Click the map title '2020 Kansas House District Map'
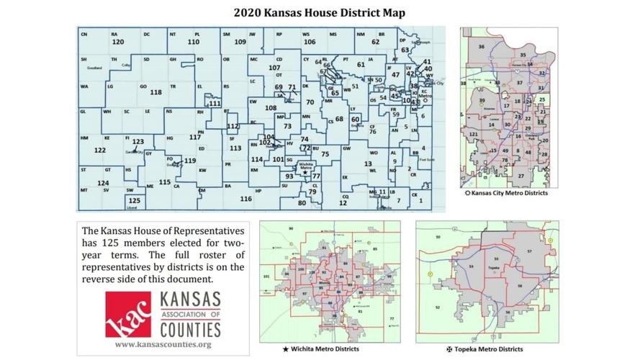click(x=319, y=13)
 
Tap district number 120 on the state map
click(x=118, y=42)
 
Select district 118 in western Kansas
click(x=156, y=92)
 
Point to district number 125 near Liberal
click(x=135, y=201)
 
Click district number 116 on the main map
click(x=246, y=199)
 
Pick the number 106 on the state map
click(x=310, y=42)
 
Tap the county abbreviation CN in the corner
click(x=84, y=35)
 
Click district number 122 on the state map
click(x=99, y=150)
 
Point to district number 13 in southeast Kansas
click(x=368, y=163)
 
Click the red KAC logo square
click(x=128, y=315)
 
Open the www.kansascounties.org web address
click(x=163, y=345)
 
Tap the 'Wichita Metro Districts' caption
click(x=325, y=349)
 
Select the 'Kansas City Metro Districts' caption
click(x=510, y=193)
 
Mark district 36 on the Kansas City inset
click(x=481, y=47)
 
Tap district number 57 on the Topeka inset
click(x=531, y=251)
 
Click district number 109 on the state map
click(x=240, y=42)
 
